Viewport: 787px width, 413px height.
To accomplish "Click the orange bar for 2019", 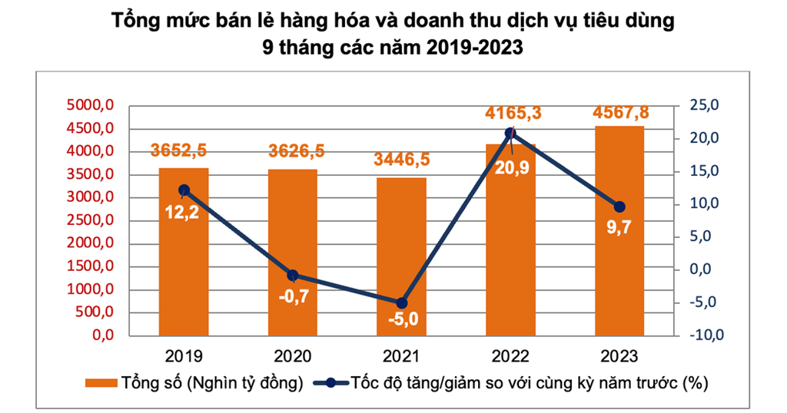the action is coord(184,252).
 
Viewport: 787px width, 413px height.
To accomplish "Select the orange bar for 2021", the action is coord(401,256).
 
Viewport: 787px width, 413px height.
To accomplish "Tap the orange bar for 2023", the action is coord(619,230).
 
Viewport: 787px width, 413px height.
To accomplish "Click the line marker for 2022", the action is coord(510,134).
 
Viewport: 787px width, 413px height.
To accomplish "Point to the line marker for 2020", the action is coord(293,275).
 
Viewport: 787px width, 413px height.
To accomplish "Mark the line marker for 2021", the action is coord(401,303).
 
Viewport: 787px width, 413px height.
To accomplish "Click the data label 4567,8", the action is coord(620,112).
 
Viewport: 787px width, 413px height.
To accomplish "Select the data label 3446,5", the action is coord(401,160).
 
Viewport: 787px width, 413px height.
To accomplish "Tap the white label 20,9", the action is coord(512,168).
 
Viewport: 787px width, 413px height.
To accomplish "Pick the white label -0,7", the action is coord(294,297).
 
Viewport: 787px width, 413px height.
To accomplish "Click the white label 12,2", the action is coord(181,213).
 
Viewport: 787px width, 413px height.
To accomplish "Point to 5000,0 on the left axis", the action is coord(91,105).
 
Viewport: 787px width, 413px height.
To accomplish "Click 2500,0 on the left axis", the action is coord(91,220).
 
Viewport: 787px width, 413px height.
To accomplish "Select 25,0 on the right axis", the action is coord(704,105).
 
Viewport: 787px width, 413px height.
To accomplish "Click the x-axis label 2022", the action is coord(510,356).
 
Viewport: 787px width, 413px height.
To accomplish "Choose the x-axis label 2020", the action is coord(293,356).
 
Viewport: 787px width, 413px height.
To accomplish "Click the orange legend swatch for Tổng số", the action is coord(101,383).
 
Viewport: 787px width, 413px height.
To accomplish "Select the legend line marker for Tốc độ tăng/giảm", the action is coord(330,383).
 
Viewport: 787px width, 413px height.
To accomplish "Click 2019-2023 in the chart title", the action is coord(475,47).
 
